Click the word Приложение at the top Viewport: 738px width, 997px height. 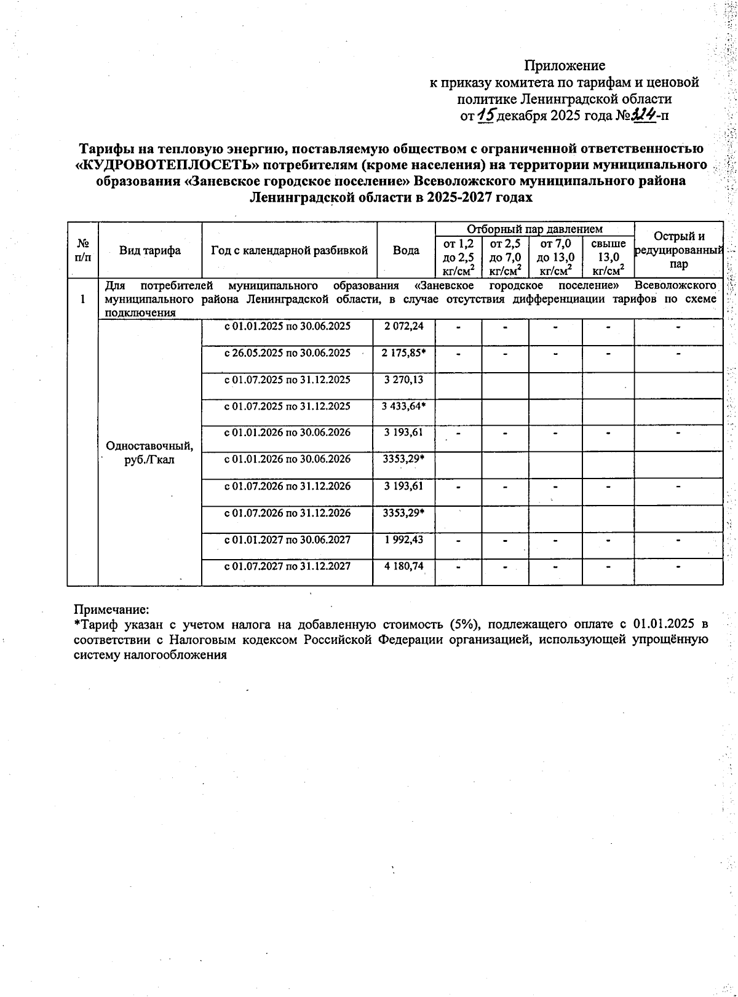(564, 65)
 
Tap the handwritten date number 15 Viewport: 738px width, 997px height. (486, 114)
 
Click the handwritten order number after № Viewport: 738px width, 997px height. (645, 114)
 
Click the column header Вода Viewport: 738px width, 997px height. (406, 250)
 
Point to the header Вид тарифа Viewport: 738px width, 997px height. (150, 250)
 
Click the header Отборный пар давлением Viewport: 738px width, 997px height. (534, 229)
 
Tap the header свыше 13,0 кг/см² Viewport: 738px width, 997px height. (608, 257)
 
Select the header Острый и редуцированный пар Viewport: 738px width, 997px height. (678, 250)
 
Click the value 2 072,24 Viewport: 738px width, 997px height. (403, 326)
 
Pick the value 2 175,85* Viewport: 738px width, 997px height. (404, 353)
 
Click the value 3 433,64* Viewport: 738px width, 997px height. (404, 406)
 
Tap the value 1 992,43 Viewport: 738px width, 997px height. (403, 539)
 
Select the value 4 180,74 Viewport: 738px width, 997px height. (403, 566)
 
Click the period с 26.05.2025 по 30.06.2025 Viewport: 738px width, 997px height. (287, 353)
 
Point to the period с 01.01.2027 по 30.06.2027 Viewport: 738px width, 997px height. (287, 539)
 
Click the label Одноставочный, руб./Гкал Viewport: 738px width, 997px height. (149, 453)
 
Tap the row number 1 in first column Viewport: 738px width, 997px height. (82, 299)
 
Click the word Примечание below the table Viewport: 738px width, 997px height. (111, 610)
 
